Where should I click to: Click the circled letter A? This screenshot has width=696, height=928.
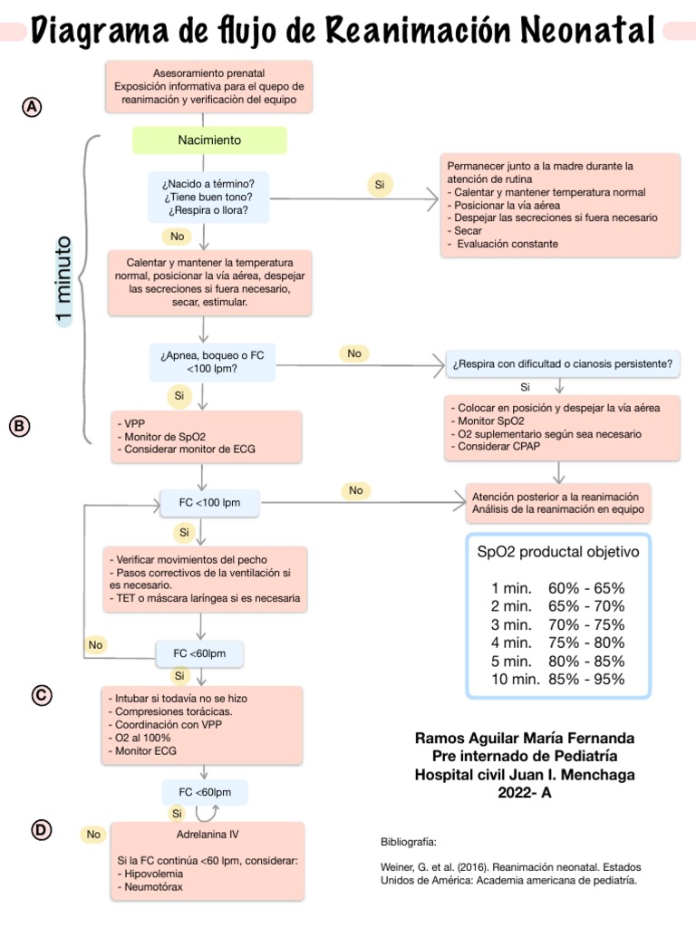[x=32, y=107]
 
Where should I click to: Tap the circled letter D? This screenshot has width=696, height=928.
[x=41, y=829]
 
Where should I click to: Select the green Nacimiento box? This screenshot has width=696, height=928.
[x=209, y=140]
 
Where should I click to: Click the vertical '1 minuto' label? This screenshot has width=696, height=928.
[x=63, y=280]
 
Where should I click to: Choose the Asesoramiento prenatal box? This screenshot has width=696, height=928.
[x=209, y=86]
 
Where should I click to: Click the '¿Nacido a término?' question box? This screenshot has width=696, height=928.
[x=208, y=197]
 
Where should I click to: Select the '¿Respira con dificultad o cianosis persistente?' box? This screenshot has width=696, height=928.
[x=562, y=364]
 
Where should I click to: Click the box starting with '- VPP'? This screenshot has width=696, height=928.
[x=208, y=436]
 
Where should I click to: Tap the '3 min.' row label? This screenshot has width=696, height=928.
[x=510, y=624]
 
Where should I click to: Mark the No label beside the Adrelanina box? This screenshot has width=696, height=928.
[x=93, y=834]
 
